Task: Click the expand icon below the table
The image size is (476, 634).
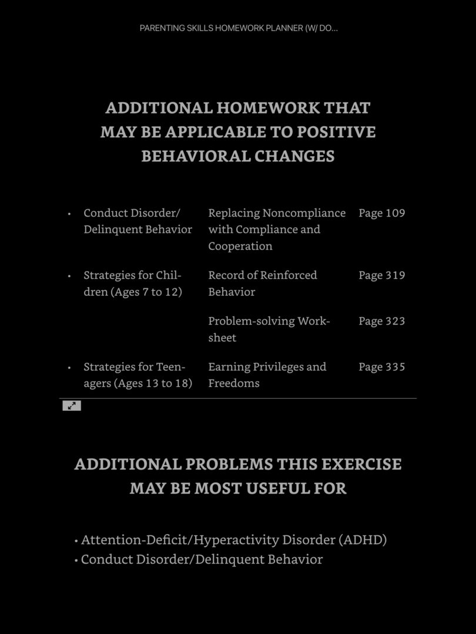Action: (72, 406)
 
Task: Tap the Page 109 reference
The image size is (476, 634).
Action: (381, 213)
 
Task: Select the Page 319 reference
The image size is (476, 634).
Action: (381, 275)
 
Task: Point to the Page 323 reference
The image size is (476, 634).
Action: (381, 321)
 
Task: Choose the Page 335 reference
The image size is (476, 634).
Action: (381, 367)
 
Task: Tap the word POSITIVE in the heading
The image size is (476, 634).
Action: (336, 132)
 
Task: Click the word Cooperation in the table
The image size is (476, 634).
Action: (240, 246)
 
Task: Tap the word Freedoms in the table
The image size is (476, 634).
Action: (233, 383)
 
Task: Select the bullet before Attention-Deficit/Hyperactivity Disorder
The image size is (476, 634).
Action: (76, 541)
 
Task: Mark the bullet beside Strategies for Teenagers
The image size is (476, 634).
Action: (69, 367)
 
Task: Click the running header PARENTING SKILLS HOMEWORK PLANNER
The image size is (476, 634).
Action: (239, 28)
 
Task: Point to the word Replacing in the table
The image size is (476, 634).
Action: (233, 213)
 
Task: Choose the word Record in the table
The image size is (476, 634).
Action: (225, 275)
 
